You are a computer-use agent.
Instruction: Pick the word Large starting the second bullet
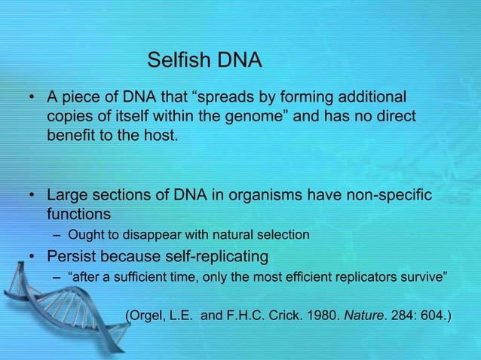pos(68,196)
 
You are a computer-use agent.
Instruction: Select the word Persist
pos(73,256)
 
